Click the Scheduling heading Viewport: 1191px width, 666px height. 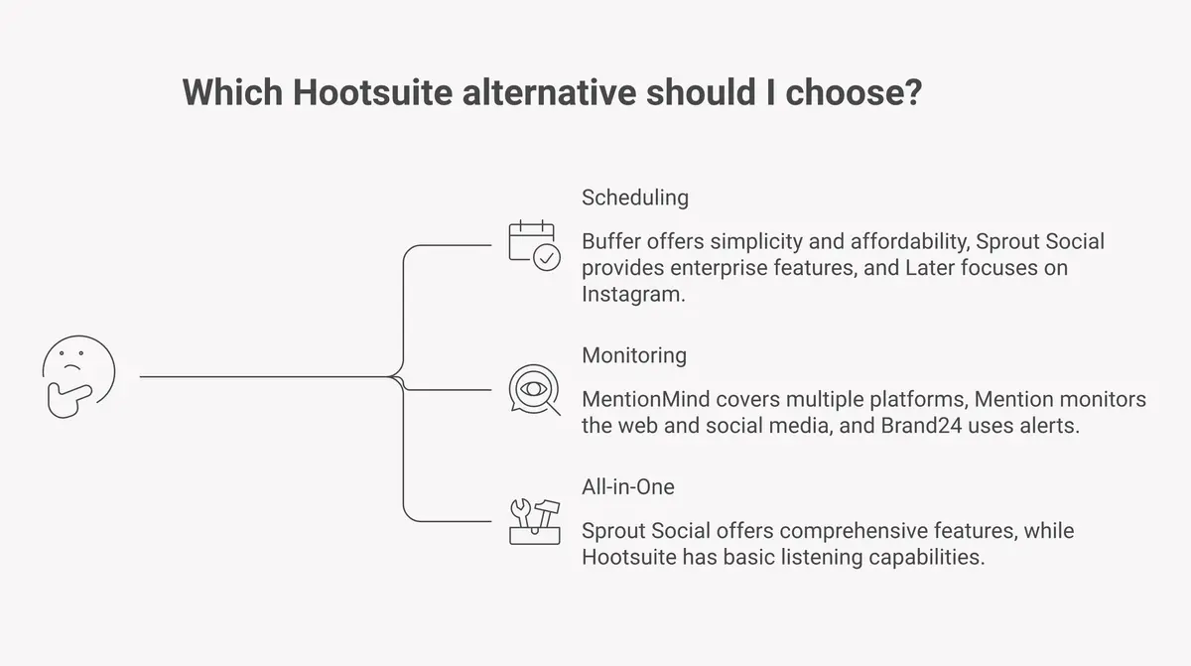point(634,197)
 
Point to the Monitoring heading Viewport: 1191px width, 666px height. point(633,354)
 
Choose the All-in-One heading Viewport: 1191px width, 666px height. point(628,486)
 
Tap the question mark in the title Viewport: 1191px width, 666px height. point(913,92)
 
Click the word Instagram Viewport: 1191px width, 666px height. point(632,294)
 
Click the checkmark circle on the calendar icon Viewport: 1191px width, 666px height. point(547,257)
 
